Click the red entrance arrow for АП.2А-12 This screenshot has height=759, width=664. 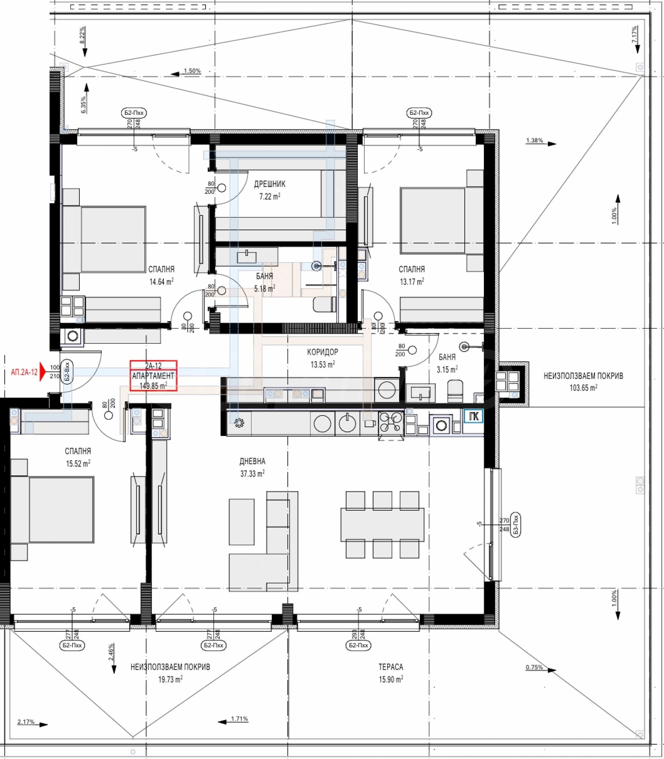42,371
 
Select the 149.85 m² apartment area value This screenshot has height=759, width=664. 153,386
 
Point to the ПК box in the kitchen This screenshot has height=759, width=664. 474,416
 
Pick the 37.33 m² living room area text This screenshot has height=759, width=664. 252,473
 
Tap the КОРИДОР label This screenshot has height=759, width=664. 322,352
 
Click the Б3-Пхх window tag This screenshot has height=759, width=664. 516,525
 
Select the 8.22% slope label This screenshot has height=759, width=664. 82,35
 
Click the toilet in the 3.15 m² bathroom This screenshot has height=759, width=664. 455,390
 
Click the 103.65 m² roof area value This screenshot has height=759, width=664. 583,388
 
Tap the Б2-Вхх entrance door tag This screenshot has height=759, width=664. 67,372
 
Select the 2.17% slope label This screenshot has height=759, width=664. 26,722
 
